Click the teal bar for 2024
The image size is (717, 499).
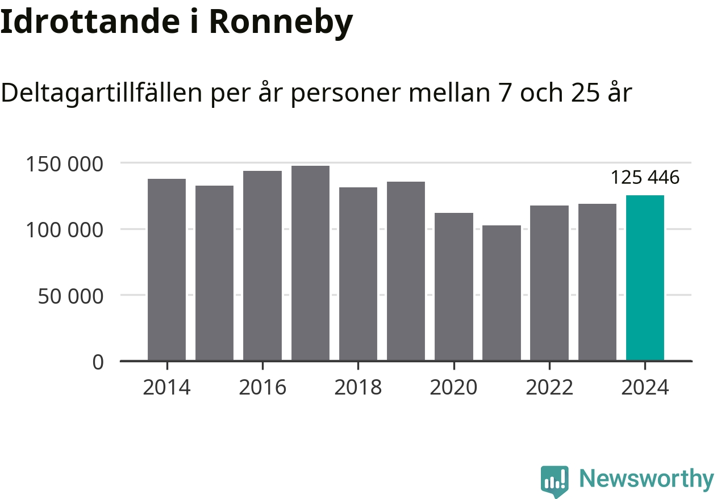point(645,278)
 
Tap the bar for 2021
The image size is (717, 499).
point(502,293)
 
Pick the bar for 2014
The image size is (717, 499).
point(166,270)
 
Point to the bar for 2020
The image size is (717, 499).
point(454,287)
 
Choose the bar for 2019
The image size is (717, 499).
point(406,271)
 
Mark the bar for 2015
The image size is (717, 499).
point(214,273)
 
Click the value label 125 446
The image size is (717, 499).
point(645,178)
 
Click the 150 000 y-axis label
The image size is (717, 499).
point(65,164)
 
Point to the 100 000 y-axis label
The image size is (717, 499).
point(65,230)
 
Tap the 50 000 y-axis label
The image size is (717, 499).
point(70,296)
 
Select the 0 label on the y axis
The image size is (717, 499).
point(98,362)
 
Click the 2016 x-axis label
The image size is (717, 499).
point(262,388)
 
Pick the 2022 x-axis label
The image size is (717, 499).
point(549,388)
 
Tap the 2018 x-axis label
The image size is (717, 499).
point(358,388)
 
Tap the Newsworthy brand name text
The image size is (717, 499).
point(646,479)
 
